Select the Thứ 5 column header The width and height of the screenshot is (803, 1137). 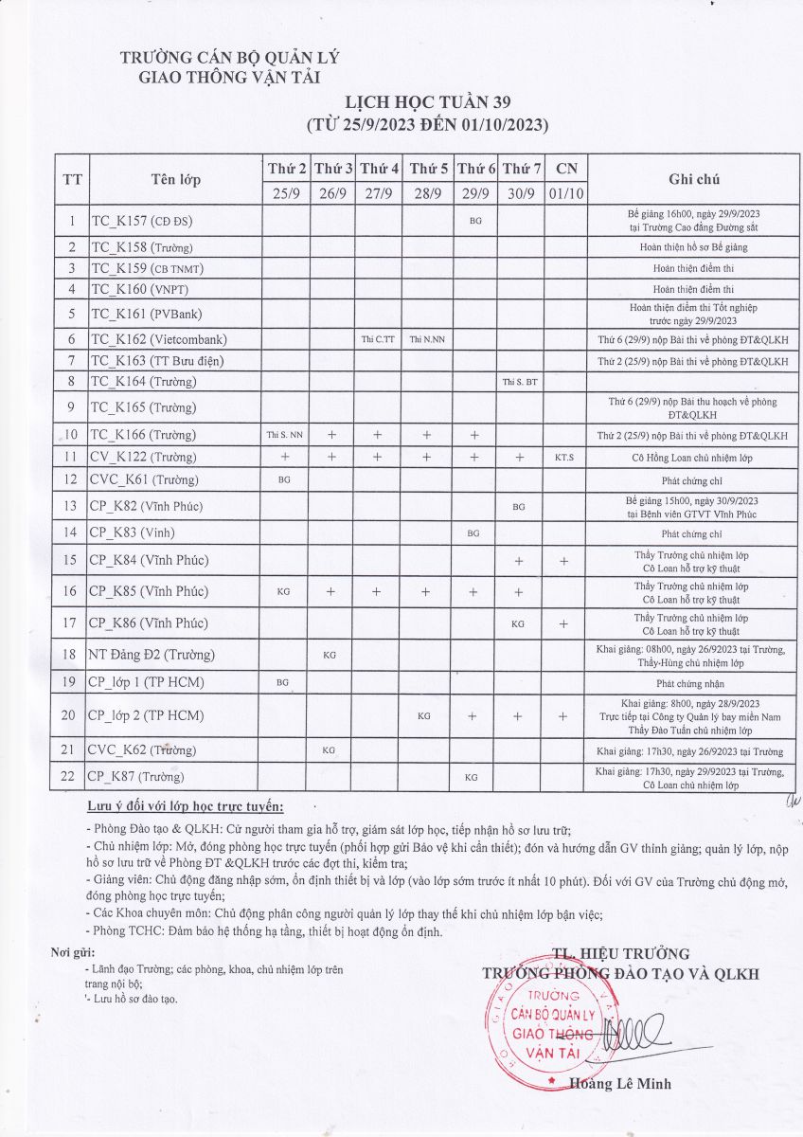[428, 169]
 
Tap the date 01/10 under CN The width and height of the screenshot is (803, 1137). [566, 192]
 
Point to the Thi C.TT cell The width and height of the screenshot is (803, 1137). [379, 339]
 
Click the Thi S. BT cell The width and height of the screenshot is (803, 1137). [521, 382]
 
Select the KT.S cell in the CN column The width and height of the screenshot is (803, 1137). [566, 457]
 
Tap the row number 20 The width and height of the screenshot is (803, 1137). [68, 715]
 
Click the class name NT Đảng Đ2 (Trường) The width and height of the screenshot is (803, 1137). [152, 654]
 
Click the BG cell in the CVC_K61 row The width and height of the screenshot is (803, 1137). [284, 480]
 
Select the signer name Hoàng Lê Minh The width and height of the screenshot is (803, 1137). [620, 1084]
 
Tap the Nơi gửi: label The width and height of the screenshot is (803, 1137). [73, 952]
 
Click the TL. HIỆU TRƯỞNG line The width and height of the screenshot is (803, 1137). [620, 954]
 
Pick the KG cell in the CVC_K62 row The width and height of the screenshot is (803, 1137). [330, 750]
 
